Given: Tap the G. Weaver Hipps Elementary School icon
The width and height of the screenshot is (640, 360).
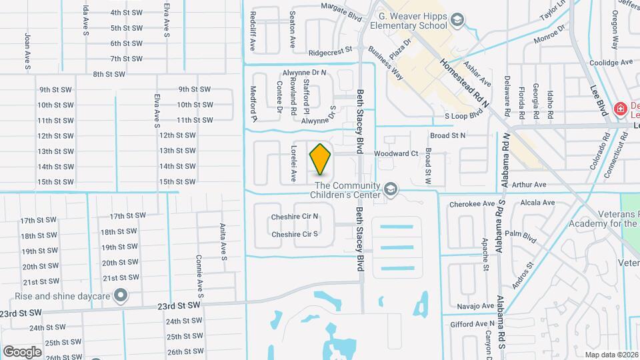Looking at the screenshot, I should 457,21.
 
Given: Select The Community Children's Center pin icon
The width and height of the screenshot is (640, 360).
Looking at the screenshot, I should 391,191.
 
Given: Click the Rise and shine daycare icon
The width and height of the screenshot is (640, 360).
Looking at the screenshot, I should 121,294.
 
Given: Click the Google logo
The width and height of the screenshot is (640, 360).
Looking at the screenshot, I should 22,351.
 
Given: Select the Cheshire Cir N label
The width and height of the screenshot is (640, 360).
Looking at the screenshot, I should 295,217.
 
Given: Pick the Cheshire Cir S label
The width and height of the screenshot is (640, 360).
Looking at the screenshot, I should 295,234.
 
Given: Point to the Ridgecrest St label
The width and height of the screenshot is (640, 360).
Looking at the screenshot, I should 329,51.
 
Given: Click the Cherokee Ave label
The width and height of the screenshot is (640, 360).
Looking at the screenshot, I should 472,204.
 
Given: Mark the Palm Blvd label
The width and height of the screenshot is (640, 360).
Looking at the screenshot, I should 521,234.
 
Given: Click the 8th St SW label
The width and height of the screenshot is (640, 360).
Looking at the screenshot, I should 109,74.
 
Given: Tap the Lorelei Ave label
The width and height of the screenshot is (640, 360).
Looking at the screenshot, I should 292,164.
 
